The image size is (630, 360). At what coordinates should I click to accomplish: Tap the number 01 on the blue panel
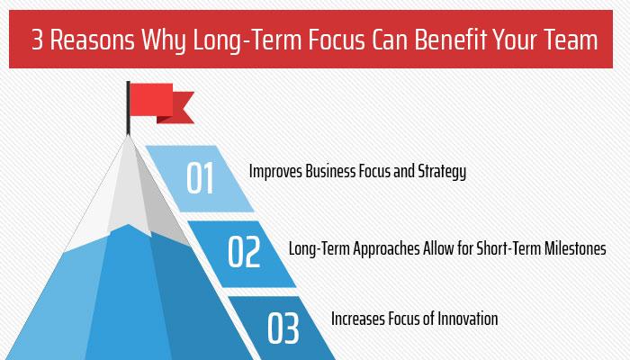(x=200, y=177)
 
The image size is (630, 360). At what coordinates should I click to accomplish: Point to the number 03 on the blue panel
(x=283, y=329)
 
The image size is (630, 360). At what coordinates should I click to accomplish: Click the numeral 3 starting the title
(x=38, y=41)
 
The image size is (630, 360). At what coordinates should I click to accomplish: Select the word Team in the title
(x=572, y=41)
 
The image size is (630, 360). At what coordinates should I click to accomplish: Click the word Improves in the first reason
(x=274, y=171)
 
